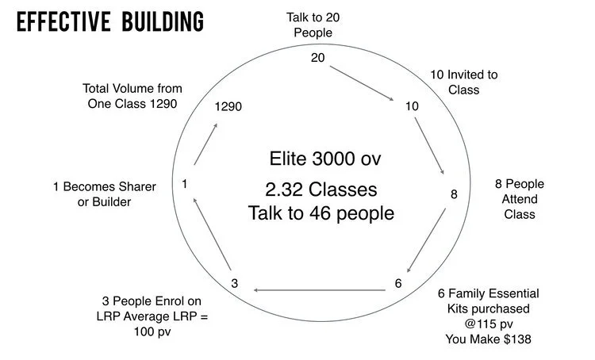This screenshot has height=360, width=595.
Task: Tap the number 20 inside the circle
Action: pos(317,57)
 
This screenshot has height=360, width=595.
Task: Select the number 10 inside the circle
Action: pos(412,105)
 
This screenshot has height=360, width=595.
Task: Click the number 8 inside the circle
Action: pos(454,193)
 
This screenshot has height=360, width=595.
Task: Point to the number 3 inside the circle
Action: pos(235,283)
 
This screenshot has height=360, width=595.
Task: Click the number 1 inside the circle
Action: pos(184,184)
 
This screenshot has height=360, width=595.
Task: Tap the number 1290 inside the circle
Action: pos(228,105)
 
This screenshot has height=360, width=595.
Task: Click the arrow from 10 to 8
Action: pos(433,147)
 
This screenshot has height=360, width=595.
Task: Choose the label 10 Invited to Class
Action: pos(464,82)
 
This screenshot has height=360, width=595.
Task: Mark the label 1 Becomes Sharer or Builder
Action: pos(104,193)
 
